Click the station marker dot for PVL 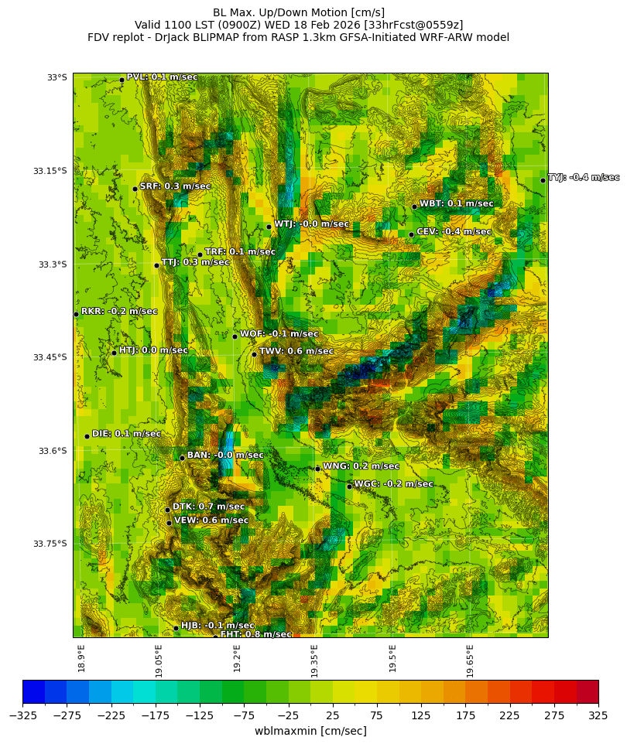(122, 80)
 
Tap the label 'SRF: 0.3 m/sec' (175, 186)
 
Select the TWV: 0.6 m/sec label (296, 351)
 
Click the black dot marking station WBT (414, 206)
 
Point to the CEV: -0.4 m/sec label (454, 231)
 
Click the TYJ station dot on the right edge (543, 180)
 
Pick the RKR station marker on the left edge (76, 314)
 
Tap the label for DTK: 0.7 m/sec (208, 507)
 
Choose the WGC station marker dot (349, 486)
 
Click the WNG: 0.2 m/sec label (361, 466)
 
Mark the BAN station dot (182, 458)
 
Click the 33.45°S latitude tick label (50, 357)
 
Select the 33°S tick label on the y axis (57, 77)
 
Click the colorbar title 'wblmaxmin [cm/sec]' (310, 731)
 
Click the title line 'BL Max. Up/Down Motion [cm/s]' (299, 12)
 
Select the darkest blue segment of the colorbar (33, 691)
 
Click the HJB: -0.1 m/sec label (218, 625)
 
